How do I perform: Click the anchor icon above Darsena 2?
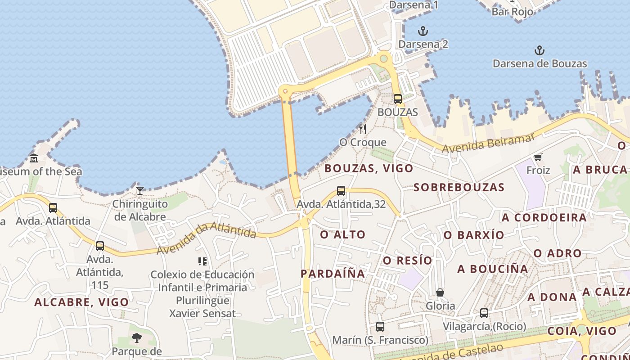[423, 31]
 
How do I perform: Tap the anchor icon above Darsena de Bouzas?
[539, 50]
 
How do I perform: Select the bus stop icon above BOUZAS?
[397, 99]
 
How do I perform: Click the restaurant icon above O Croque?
[363, 129]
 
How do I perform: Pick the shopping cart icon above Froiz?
[538, 157]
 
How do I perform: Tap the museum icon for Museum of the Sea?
[34, 158]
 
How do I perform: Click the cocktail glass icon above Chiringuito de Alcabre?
[140, 191]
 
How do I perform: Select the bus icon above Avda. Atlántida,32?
[341, 191]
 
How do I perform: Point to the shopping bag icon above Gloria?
[440, 292]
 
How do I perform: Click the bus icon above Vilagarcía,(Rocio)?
[484, 313]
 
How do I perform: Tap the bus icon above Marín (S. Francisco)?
[380, 327]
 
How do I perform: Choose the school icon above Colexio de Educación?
[202, 261]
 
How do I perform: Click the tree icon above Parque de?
[137, 337]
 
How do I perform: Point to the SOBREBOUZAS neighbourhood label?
[459, 187]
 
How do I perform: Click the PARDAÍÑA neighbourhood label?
[333, 274]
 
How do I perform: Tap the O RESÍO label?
[407, 261]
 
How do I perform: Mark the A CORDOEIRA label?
[544, 218]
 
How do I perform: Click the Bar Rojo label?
[512, 12]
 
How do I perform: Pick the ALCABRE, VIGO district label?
[81, 302]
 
